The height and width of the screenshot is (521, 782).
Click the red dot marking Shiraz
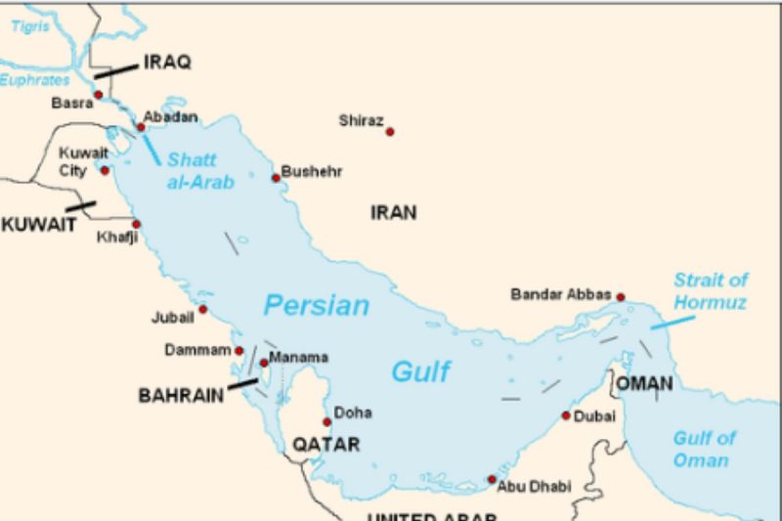390,132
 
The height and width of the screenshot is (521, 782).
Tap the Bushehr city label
312,172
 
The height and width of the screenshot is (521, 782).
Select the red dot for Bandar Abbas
620,297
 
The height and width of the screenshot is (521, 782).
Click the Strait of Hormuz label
710,291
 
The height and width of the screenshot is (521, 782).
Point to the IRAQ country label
167,63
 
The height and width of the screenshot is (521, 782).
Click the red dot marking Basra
99,95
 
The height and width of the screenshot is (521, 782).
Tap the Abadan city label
170,117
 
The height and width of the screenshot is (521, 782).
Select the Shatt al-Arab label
200,170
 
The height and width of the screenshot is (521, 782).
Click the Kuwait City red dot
106,170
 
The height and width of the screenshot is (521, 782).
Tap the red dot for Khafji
136,224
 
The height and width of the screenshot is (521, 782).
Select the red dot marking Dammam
239,350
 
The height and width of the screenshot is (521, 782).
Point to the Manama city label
298,357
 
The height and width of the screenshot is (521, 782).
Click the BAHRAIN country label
182,397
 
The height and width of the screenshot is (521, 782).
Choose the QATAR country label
326,445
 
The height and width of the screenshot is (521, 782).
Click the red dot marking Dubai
566,415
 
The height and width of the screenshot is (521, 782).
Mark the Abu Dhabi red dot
491,479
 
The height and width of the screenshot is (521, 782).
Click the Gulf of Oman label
704,449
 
